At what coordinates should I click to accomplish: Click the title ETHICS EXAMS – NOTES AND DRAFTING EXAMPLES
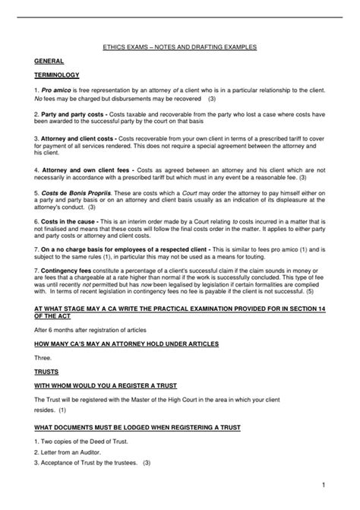179,47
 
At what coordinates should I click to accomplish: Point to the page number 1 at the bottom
323,483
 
